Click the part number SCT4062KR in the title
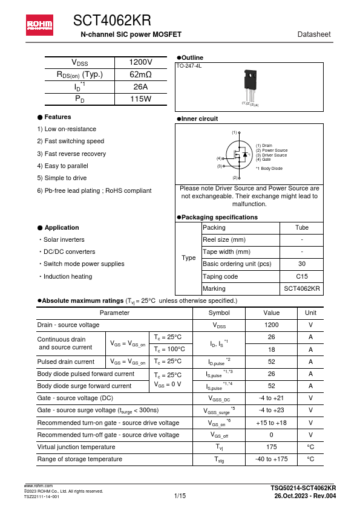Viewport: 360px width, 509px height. [112, 22]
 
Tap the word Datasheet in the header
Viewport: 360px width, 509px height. [314, 34]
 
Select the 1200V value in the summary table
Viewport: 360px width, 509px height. [141, 62]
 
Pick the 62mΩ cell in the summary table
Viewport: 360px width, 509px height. [141, 74]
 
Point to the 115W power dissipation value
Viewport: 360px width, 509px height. [141, 99]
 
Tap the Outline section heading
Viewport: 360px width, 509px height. [192, 57]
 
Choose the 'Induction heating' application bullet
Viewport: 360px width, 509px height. [67, 276]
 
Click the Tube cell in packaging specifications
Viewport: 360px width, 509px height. [301, 227]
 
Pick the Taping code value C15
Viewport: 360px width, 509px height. [301, 276]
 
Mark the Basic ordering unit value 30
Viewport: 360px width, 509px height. [301, 264]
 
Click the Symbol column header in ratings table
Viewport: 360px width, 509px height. [218, 313]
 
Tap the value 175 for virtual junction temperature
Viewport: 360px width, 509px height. [271, 447]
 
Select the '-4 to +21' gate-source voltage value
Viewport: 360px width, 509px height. [271, 398]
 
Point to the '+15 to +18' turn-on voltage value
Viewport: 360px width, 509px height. [271, 423]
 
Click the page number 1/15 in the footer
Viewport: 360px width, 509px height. [180, 496]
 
